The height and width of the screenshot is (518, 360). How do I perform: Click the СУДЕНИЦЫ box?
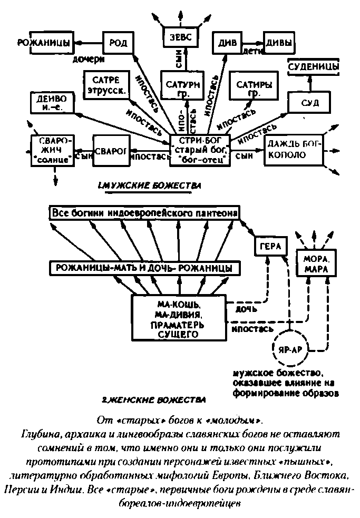[313, 67]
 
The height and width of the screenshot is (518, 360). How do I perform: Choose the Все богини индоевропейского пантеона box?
[144, 213]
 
